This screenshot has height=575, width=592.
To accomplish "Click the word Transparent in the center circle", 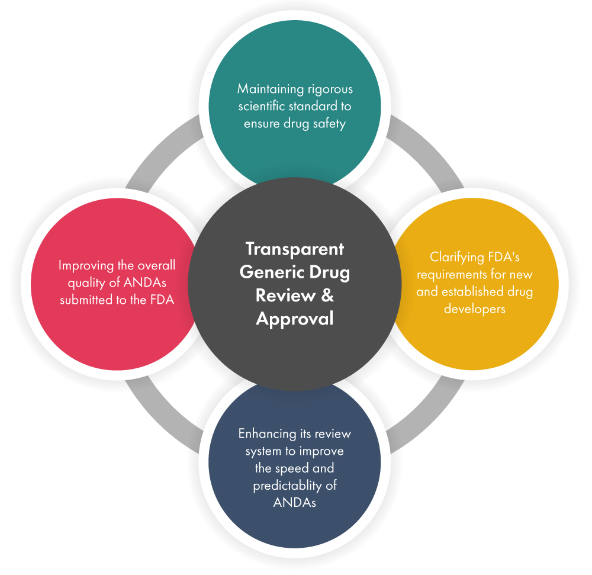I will point(294,249).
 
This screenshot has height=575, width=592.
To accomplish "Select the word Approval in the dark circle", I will point(294,319).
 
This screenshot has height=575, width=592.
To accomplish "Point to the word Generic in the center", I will point(271,272).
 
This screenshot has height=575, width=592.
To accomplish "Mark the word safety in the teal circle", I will point(329,124).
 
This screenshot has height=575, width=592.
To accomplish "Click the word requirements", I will point(455,275).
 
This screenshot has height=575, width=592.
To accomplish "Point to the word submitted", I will point(88,300).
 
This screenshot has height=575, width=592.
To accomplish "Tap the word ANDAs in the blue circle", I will point(294,503).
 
